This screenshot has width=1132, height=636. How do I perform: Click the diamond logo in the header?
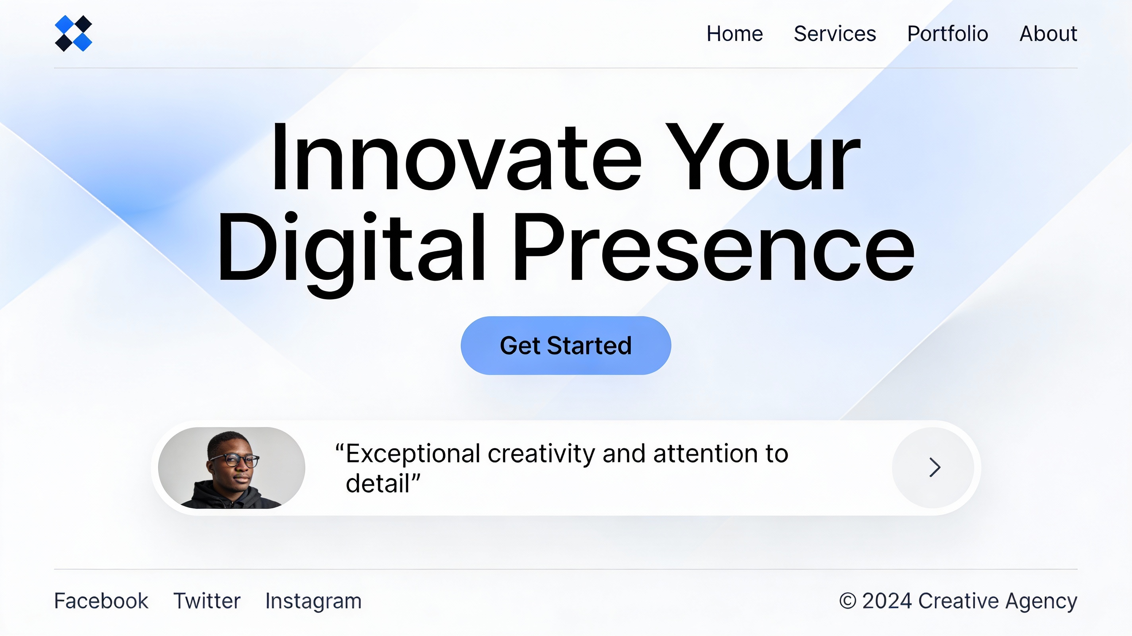pos(74,33)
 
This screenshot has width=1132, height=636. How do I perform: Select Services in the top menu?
pos(835,34)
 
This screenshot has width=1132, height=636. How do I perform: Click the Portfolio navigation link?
pos(948,34)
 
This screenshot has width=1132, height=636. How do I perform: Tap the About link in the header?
pos(1048,34)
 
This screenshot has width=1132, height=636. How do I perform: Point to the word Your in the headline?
pos(762,157)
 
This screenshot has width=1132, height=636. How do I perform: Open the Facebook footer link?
pos(101,601)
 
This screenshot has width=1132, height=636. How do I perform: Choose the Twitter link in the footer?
pos(207,601)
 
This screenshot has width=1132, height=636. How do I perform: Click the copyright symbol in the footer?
pos(848,601)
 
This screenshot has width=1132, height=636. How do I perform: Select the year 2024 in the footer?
pos(887,601)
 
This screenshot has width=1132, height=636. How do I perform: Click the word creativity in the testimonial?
pos(541,454)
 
